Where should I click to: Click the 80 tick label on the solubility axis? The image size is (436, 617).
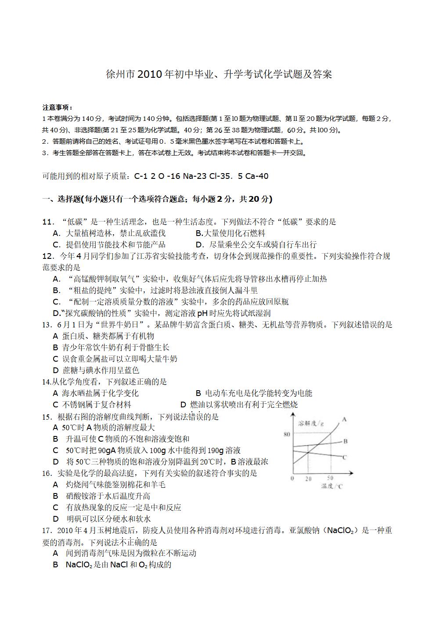pyautogui.click(x=287, y=435)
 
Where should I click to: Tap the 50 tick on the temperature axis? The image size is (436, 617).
pyautogui.click(x=330, y=478)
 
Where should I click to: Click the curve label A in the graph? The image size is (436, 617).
pyautogui.click(x=344, y=419)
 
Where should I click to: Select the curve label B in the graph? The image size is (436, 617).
pyautogui.click(x=346, y=441)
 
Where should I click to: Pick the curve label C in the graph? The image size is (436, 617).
pyautogui.click(x=345, y=457)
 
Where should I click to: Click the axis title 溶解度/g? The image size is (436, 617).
pyautogui.click(x=311, y=424)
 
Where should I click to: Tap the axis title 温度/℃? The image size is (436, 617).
pyautogui.click(x=332, y=486)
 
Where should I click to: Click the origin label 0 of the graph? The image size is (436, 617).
pyautogui.click(x=292, y=478)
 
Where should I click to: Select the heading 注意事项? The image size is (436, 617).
pyautogui.click(x=57, y=107)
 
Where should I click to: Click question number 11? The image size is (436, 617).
pyautogui.click(x=47, y=222)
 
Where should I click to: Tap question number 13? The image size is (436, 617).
pyautogui.click(x=47, y=325)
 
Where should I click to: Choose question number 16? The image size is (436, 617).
pyautogui.click(x=47, y=473)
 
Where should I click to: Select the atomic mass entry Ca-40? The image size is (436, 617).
pyautogui.click(x=257, y=176)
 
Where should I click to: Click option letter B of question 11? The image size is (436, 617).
pyautogui.click(x=199, y=233)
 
